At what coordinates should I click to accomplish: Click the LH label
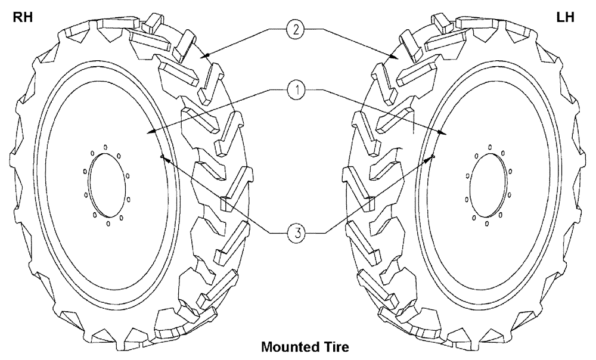coord(564,17)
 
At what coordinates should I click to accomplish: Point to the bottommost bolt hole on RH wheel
coord(107,225)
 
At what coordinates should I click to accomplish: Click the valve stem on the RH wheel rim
coord(162,157)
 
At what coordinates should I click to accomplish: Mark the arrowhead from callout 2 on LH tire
coord(396,57)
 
